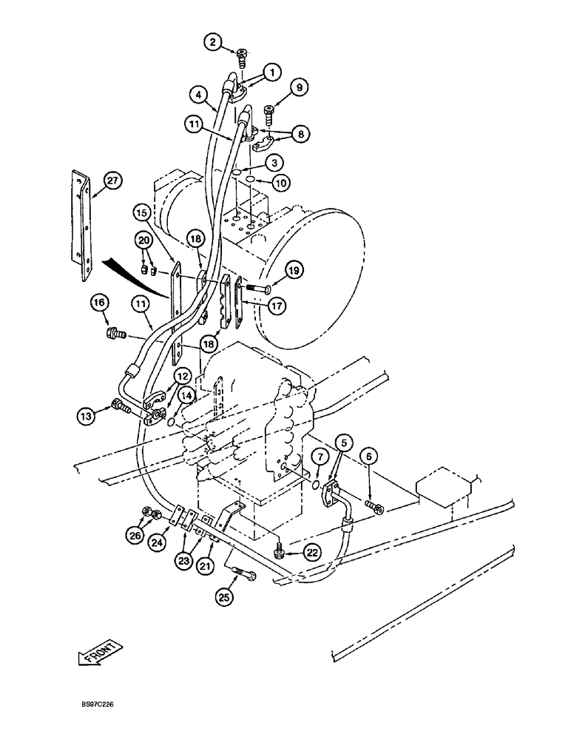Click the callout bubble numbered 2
(213, 43)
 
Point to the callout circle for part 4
(197, 95)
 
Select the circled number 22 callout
(312, 552)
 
